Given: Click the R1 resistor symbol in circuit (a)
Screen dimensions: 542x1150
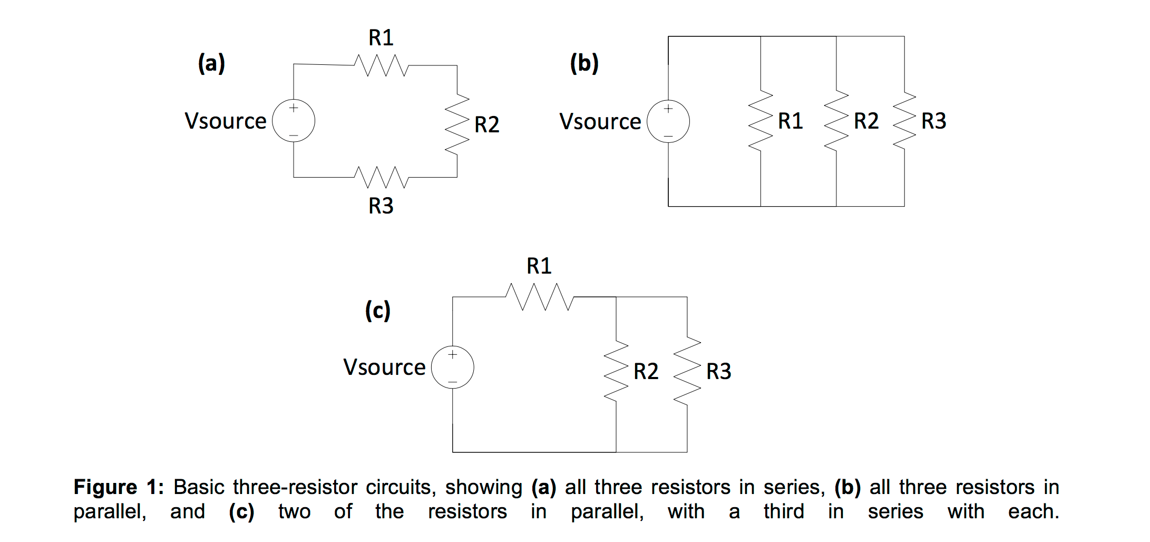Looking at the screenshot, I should coord(381,66).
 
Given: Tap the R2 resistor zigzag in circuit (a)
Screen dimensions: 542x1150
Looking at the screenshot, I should coord(457,124).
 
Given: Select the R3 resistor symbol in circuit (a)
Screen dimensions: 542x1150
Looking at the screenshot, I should coord(381,177).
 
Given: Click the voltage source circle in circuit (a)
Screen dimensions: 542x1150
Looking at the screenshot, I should coord(294,121).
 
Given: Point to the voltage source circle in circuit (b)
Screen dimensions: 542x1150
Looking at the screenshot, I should coord(668,121).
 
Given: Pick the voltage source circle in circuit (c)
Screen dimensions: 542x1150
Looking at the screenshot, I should coord(452,367).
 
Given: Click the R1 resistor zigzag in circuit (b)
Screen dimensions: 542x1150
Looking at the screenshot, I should coord(761,121).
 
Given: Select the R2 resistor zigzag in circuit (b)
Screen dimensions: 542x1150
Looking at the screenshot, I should coord(836,121).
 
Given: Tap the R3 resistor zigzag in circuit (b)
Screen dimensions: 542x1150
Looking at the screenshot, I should coord(904,121).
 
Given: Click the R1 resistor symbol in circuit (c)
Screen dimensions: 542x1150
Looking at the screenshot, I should coord(539,297).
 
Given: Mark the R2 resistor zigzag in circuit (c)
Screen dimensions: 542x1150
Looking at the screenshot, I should coord(616,371).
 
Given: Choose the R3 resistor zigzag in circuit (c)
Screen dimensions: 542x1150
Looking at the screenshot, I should coord(687,371).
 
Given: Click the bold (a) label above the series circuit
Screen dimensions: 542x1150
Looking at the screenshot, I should coord(211,63).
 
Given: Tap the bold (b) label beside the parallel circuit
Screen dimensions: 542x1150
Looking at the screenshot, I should coord(584,63).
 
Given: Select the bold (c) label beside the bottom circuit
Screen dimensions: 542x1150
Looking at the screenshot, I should coord(378,310).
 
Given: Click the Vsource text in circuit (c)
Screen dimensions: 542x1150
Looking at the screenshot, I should coord(384,367).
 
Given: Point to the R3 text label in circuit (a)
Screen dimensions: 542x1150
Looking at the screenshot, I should coord(381,206).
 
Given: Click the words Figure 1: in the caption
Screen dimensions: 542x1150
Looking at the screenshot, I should coord(119,487).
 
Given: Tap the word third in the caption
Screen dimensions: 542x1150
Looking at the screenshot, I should coord(784,511).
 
